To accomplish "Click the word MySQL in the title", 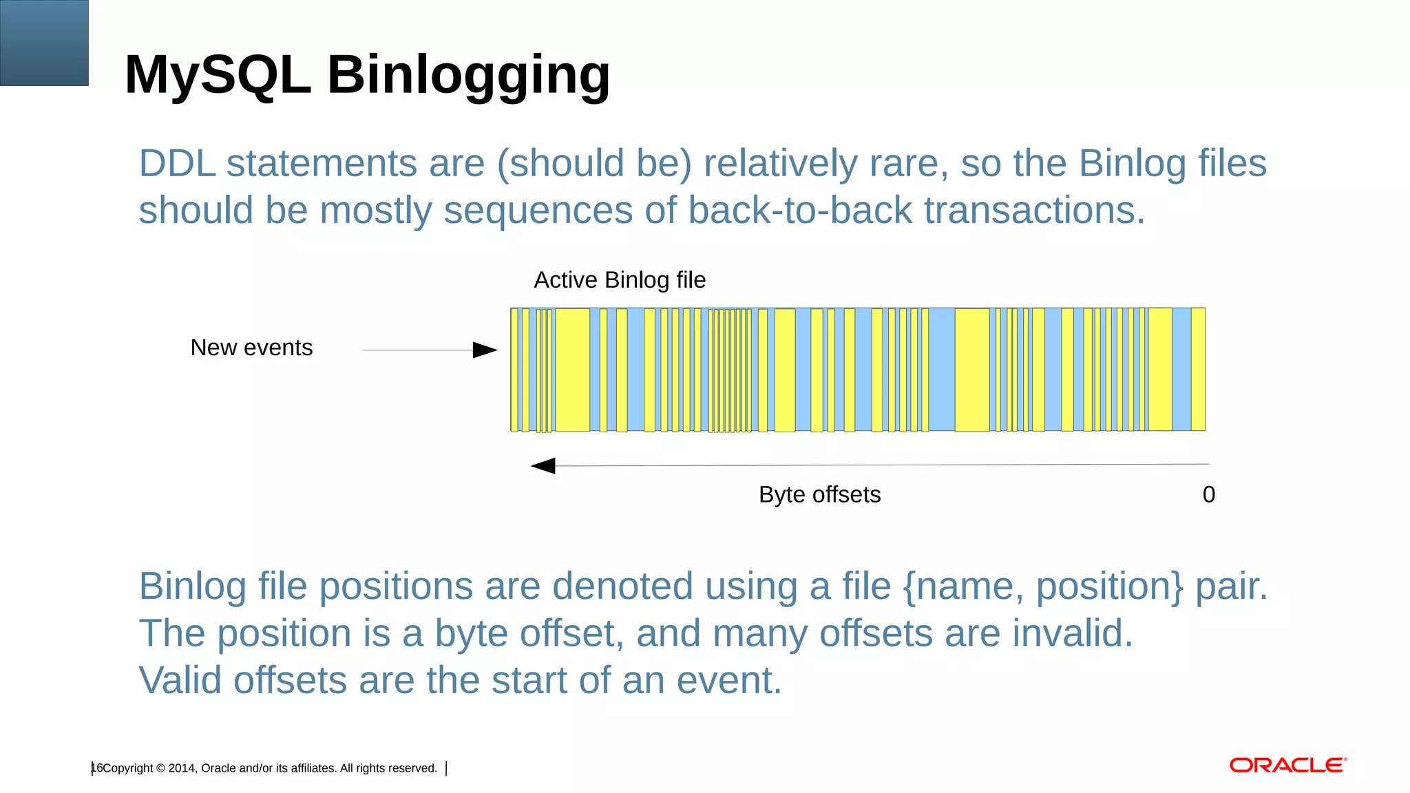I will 218,74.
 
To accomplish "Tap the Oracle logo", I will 1287,765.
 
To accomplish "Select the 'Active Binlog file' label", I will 620,280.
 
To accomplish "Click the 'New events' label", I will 251,348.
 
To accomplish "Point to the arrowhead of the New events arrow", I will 485,350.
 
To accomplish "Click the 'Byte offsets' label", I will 819,495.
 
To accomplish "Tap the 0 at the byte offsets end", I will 1208,495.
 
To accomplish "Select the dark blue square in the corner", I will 44,43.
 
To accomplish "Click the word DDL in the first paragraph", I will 177,164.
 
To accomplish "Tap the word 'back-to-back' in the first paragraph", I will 799,211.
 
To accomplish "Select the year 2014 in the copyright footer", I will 182,768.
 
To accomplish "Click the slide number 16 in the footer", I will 96,768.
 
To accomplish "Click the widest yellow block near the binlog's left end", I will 572,370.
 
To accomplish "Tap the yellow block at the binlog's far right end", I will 1198,370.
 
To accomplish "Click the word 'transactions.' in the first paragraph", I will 1034,211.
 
